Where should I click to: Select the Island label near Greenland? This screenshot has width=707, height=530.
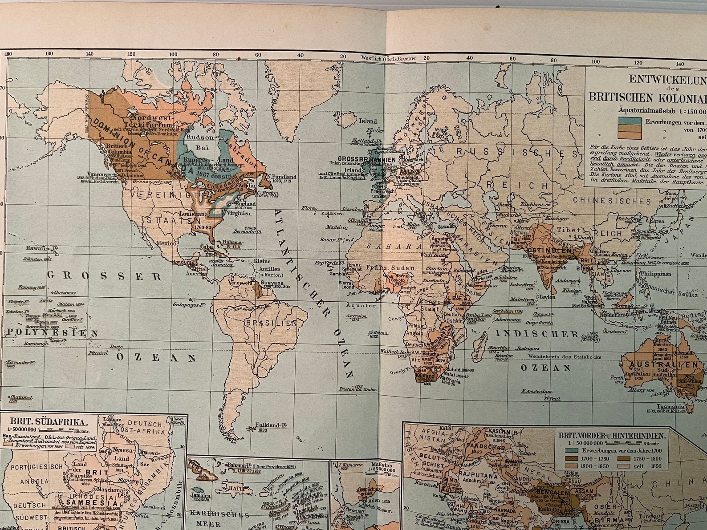[368, 121]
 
